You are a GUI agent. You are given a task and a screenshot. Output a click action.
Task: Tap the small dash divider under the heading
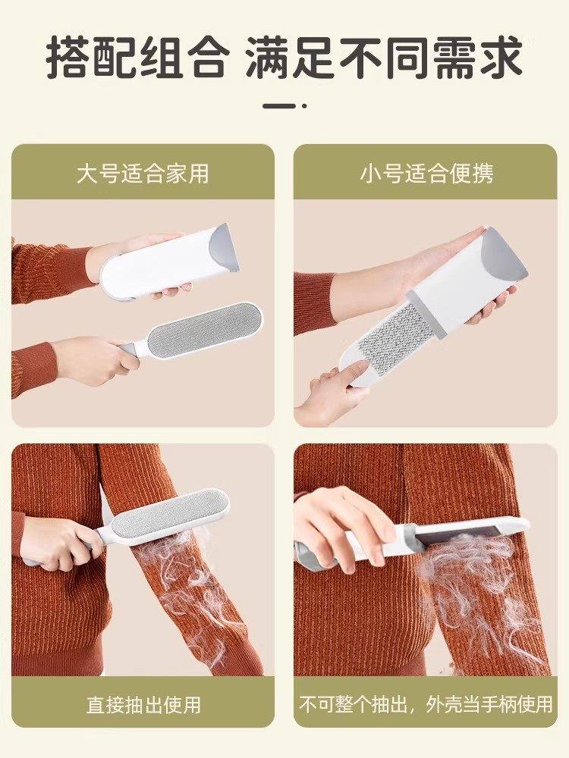click(x=284, y=105)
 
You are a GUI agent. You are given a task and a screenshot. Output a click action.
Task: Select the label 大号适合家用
click(x=143, y=173)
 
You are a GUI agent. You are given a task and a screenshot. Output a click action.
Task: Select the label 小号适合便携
click(x=426, y=173)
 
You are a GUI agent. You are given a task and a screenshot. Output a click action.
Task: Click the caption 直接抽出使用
click(x=143, y=704)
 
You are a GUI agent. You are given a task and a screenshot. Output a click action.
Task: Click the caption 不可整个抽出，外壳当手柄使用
click(x=426, y=704)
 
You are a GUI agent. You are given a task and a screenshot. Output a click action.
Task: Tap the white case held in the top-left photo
click(x=163, y=262)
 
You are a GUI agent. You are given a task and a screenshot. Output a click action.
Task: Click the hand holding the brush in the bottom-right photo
click(x=341, y=523)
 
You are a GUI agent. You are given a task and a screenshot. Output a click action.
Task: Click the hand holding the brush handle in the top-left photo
click(x=95, y=360)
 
